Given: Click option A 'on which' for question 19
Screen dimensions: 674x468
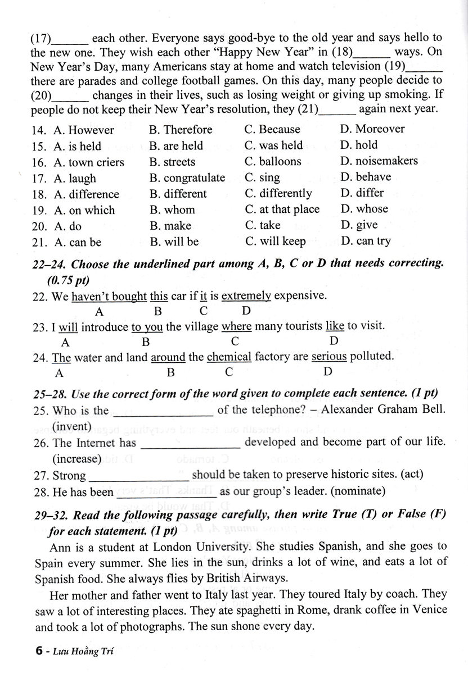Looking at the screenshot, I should (x=84, y=210).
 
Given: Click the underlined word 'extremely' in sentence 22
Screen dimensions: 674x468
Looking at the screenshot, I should (x=246, y=296).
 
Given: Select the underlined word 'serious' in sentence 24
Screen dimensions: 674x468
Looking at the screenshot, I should (x=329, y=357).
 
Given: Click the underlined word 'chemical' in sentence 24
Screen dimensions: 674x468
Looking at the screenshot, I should (x=229, y=357).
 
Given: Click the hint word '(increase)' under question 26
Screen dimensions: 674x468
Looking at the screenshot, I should (x=76, y=459).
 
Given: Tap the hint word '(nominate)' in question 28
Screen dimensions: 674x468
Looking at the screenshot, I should (x=358, y=492).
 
